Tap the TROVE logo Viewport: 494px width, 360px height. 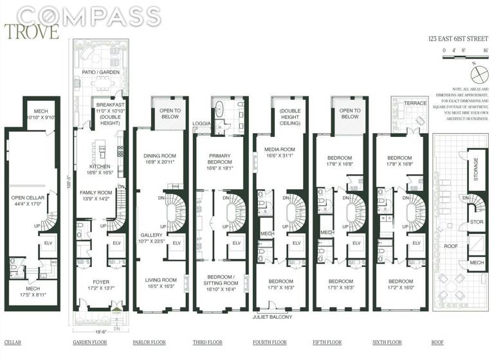32,31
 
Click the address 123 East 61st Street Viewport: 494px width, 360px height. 457,38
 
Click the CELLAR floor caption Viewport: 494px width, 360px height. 12,342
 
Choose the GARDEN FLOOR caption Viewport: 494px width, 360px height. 89,342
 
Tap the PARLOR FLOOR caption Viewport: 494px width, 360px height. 149,342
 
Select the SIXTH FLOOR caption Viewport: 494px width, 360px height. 388,342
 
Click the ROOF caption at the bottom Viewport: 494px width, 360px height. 437,342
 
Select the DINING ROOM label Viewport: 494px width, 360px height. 157,154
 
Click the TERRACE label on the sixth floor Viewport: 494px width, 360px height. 412,104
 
